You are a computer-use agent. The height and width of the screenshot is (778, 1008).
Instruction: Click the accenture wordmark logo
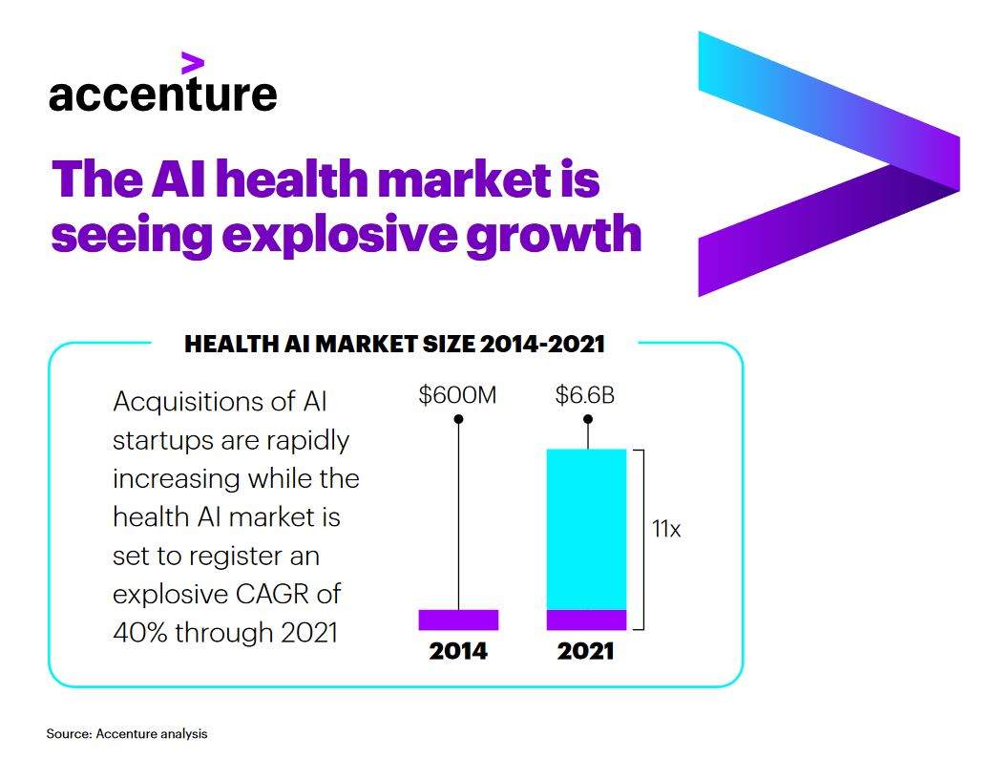pos(162,95)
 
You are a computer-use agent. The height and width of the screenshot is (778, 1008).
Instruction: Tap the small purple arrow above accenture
pos(193,63)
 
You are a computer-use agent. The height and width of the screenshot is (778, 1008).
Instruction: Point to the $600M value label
pos(457,394)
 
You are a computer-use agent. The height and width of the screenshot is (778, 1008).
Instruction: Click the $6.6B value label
pos(585,394)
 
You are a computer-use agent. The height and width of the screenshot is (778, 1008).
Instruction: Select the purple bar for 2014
pos(458,620)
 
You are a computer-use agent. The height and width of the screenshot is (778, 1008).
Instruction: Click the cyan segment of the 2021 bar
pos(586,528)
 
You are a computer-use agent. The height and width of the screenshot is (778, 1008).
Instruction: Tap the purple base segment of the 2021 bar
pos(586,620)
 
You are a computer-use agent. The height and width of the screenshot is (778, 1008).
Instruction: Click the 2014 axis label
pos(458,652)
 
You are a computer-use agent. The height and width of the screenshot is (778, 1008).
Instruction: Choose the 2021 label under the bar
pos(585,652)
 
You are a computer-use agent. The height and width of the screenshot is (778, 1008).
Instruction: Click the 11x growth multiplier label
pos(666,528)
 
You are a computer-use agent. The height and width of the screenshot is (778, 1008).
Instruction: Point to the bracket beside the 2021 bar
pos(641,539)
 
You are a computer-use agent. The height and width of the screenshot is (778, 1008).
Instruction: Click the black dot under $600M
pos(458,419)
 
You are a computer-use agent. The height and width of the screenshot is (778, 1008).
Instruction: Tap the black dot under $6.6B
pos(587,419)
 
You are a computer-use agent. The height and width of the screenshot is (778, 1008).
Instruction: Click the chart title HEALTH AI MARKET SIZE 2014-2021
pos(394,344)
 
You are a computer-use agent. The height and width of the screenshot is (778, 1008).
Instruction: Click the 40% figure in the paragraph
pos(138,632)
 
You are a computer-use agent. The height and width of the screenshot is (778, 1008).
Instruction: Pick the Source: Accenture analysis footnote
pos(127,734)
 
